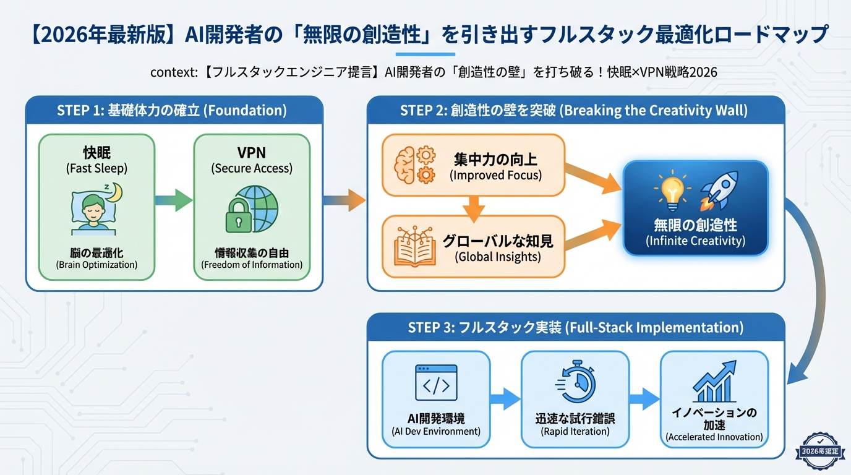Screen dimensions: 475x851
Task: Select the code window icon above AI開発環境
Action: pyautogui.click(x=436, y=382)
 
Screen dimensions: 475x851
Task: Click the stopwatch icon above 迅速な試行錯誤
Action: pyautogui.click(x=575, y=382)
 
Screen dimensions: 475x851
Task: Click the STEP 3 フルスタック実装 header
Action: pyautogui.click(x=575, y=327)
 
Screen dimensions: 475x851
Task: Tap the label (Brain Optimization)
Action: pyautogui.click(x=96, y=265)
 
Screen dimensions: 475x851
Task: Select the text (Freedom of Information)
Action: pyautogui.click(x=252, y=265)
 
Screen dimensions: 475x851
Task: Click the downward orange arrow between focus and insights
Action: pyautogui.click(x=473, y=208)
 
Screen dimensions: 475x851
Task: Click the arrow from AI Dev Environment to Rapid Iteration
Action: pyautogui.click(x=505, y=399)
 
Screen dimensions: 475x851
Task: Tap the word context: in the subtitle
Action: pyautogui.click(x=174, y=72)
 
